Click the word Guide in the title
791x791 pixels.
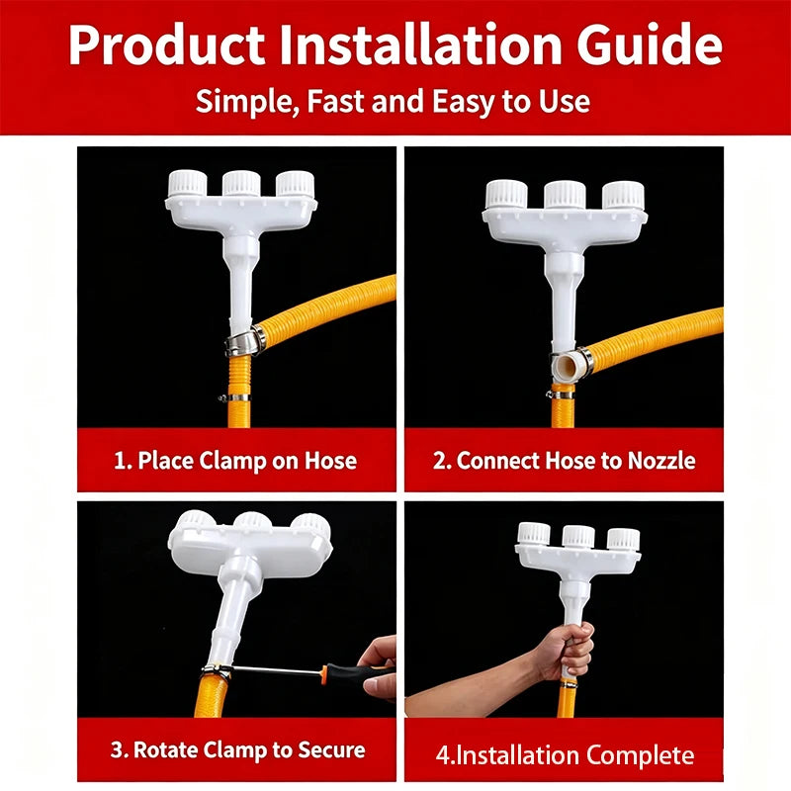(x=650, y=44)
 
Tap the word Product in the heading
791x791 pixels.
(x=166, y=44)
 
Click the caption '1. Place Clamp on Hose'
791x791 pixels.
(x=235, y=461)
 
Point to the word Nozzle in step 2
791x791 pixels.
(x=661, y=461)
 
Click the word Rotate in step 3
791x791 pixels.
(x=165, y=749)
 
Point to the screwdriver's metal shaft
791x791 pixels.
(x=277, y=670)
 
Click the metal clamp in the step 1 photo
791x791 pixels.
(x=245, y=340)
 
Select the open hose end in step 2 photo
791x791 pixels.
(x=567, y=365)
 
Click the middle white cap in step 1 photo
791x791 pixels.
(x=241, y=183)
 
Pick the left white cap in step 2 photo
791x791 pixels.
(x=506, y=195)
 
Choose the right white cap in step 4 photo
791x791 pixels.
(x=624, y=539)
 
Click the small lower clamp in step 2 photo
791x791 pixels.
(x=562, y=395)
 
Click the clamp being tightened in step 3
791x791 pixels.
(x=216, y=672)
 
